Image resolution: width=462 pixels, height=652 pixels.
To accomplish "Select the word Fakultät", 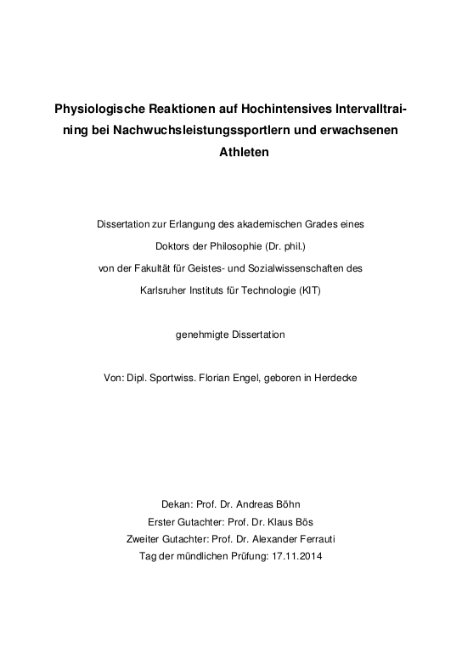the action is pyautogui.click(x=169, y=267).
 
